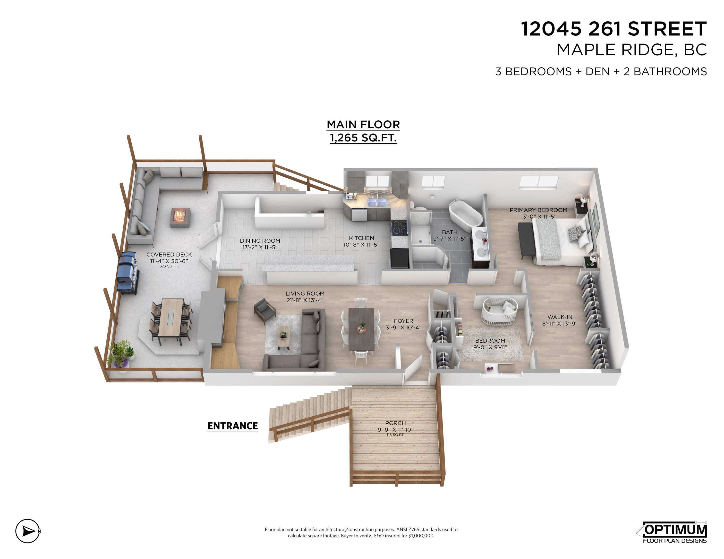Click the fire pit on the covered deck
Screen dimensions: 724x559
(181, 218)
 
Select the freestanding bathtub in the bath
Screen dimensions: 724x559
(465, 216)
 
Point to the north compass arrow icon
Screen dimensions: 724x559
(28, 531)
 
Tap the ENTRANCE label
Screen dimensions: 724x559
(232, 426)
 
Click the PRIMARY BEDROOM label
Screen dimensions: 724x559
(538, 210)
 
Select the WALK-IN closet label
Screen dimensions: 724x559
(560, 317)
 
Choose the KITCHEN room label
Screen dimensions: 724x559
(361, 238)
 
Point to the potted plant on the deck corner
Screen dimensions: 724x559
(121, 354)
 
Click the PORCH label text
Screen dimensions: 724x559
(395, 423)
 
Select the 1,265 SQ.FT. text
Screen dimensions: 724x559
(363, 138)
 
